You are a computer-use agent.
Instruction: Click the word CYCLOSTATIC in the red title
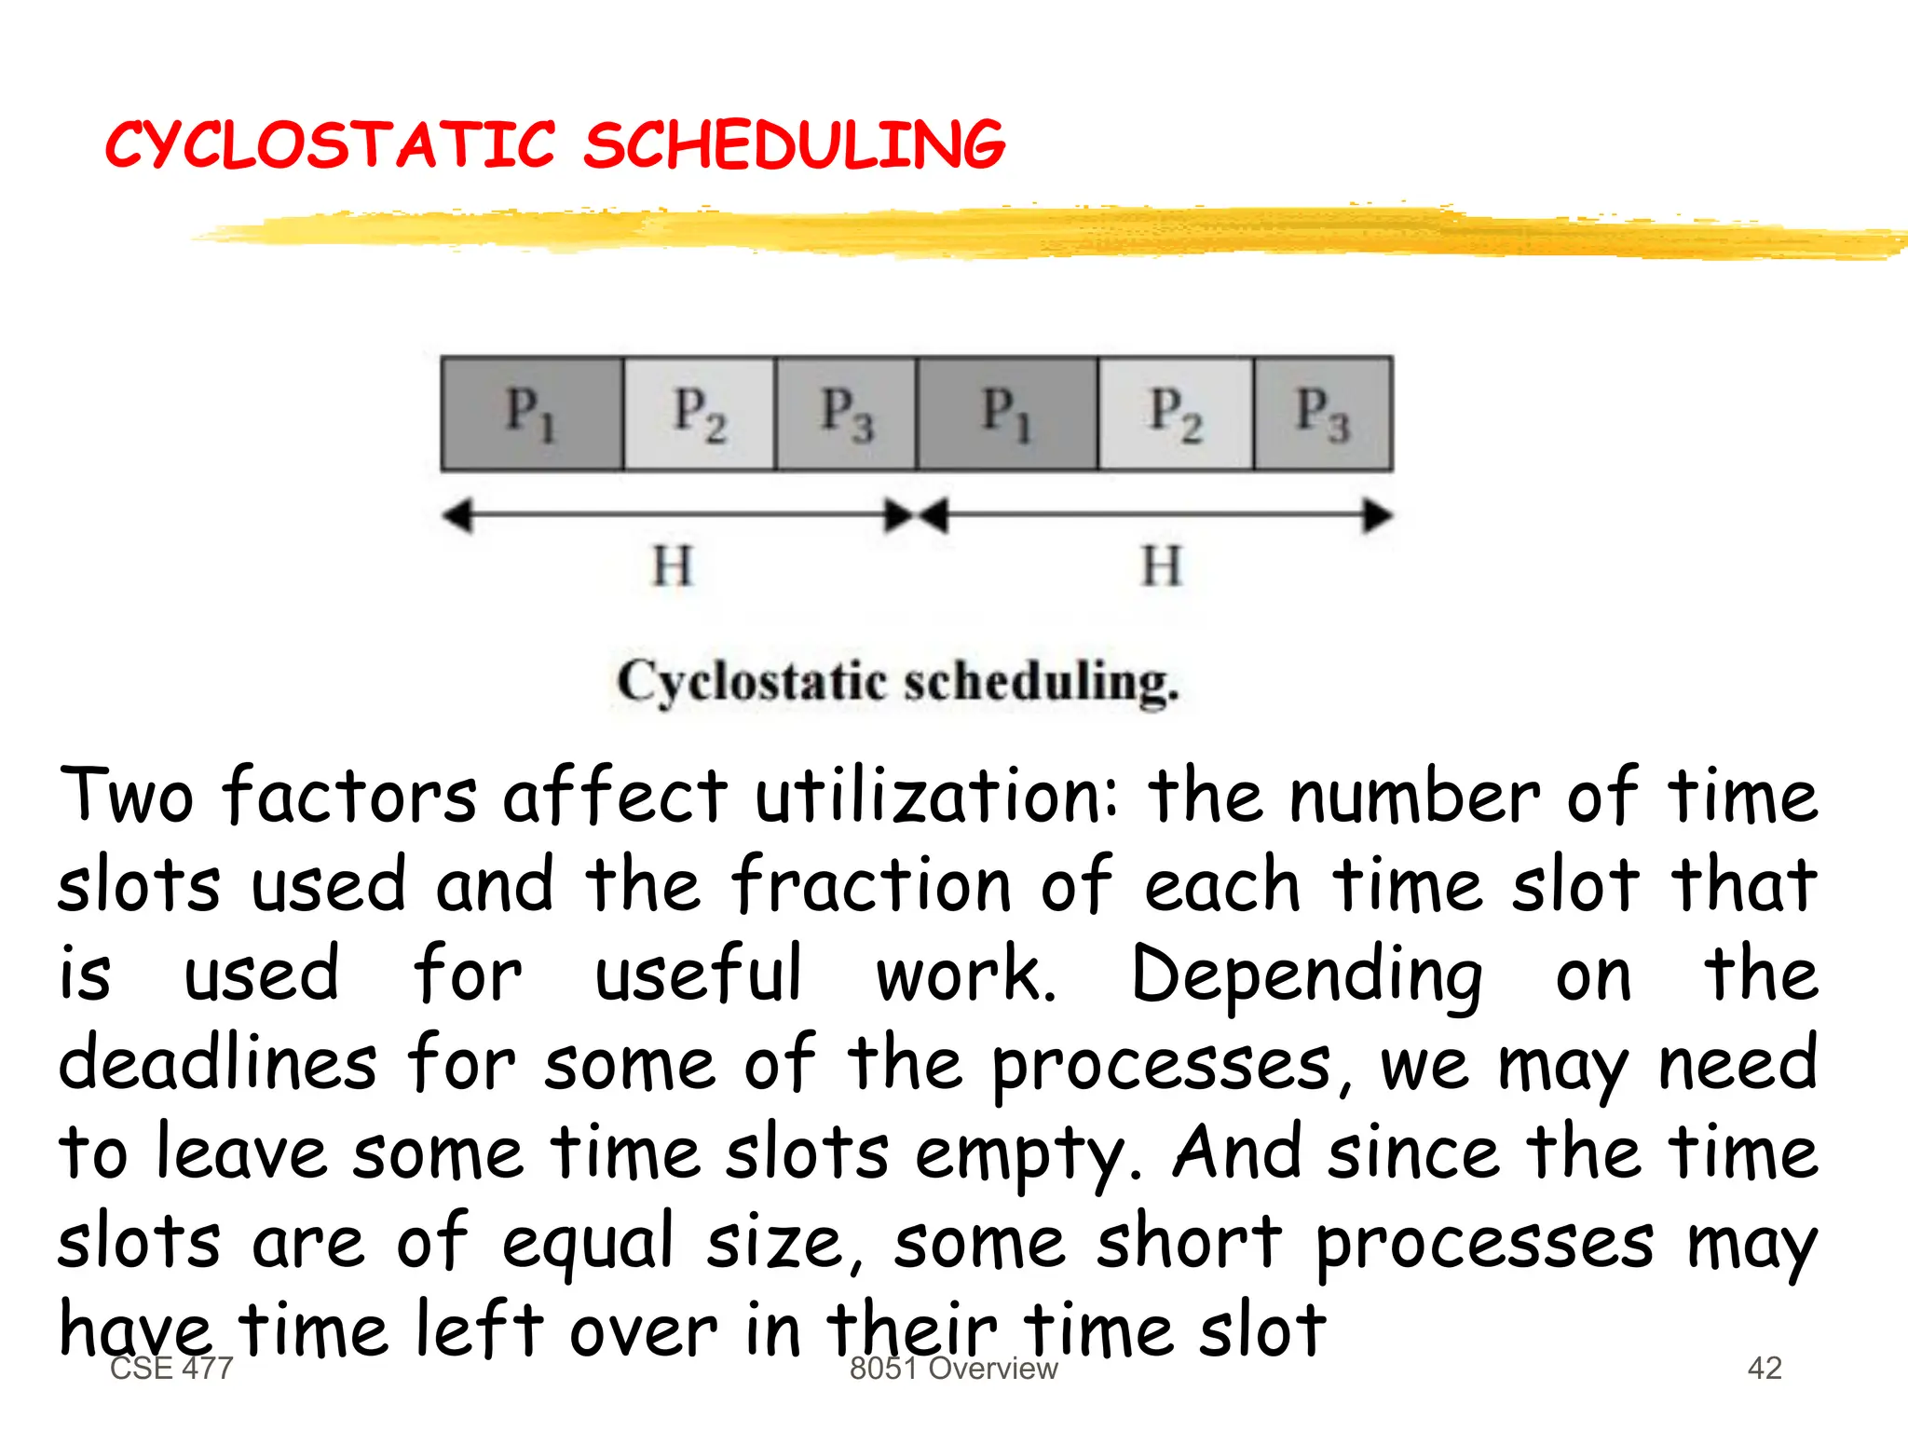(331, 145)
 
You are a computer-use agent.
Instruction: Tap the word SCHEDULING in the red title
(794, 145)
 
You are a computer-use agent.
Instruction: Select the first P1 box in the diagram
(532, 413)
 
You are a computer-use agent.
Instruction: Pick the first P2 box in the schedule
(699, 413)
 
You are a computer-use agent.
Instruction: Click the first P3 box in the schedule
(846, 413)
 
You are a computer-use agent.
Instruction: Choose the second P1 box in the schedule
(1007, 413)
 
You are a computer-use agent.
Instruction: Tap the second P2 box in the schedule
(1176, 413)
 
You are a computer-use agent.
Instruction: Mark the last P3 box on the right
(1323, 413)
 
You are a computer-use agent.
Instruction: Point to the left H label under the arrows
(673, 566)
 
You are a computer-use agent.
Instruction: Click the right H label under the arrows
(1162, 566)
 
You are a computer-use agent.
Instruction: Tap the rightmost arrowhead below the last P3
(1378, 515)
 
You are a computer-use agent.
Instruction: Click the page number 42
(1765, 1368)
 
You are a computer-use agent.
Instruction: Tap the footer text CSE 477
(171, 1368)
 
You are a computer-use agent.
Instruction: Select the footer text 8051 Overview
(953, 1368)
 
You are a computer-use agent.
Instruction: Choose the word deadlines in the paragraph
(218, 1064)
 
